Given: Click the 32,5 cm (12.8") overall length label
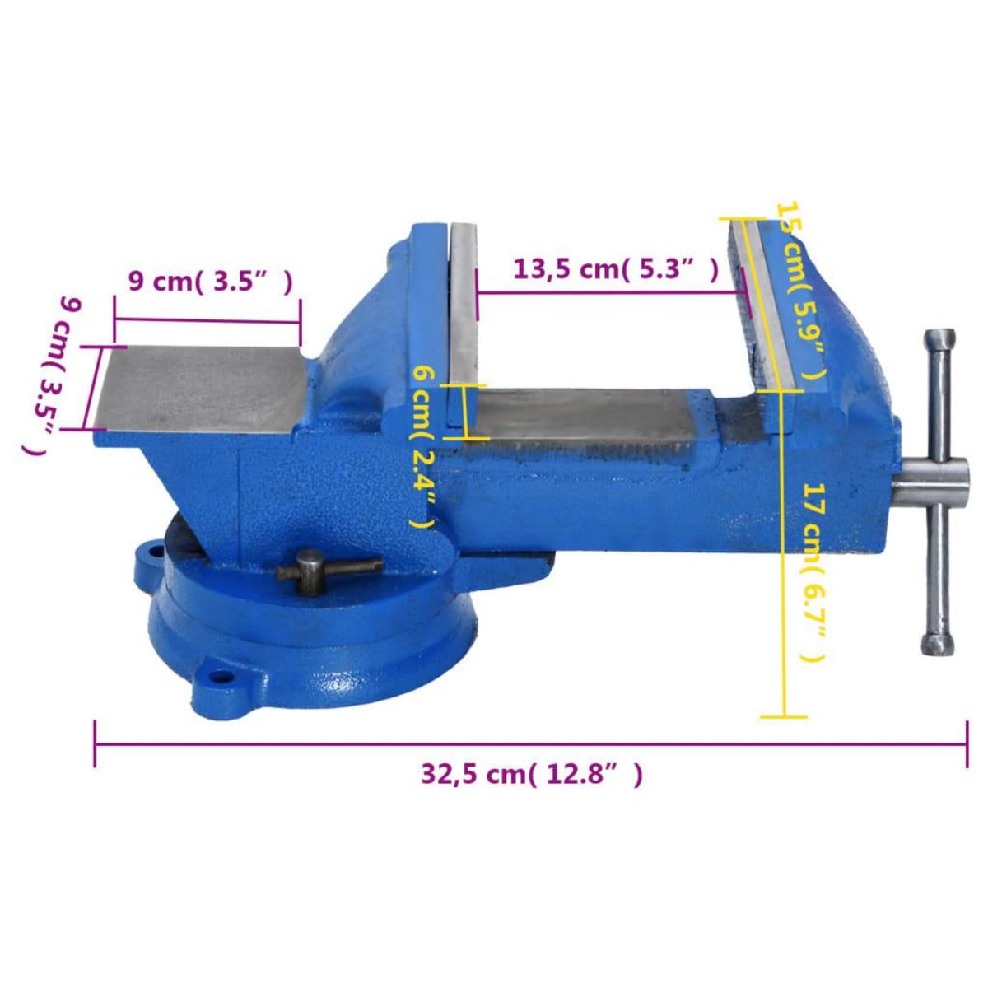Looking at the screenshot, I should tap(531, 774).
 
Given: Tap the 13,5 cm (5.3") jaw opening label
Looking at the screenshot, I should tap(613, 269).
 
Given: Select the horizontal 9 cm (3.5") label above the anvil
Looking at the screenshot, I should tap(211, 282).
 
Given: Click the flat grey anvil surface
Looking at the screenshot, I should tap(198, 387).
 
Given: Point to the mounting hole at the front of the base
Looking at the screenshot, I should tap(220, 678).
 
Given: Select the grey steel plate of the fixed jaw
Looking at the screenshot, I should tap(462, 321).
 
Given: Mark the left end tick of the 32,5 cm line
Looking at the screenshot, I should tap(96, 744).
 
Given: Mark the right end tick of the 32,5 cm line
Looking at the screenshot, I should tap(967, 744).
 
